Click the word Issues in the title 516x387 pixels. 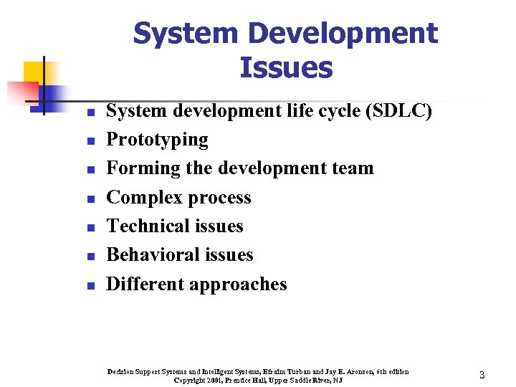coord(285,67)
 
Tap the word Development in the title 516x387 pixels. coord(342,33)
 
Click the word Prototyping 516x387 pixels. coord(157,140)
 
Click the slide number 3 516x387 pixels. coord(482,375)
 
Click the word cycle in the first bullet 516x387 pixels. coord(307,111)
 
